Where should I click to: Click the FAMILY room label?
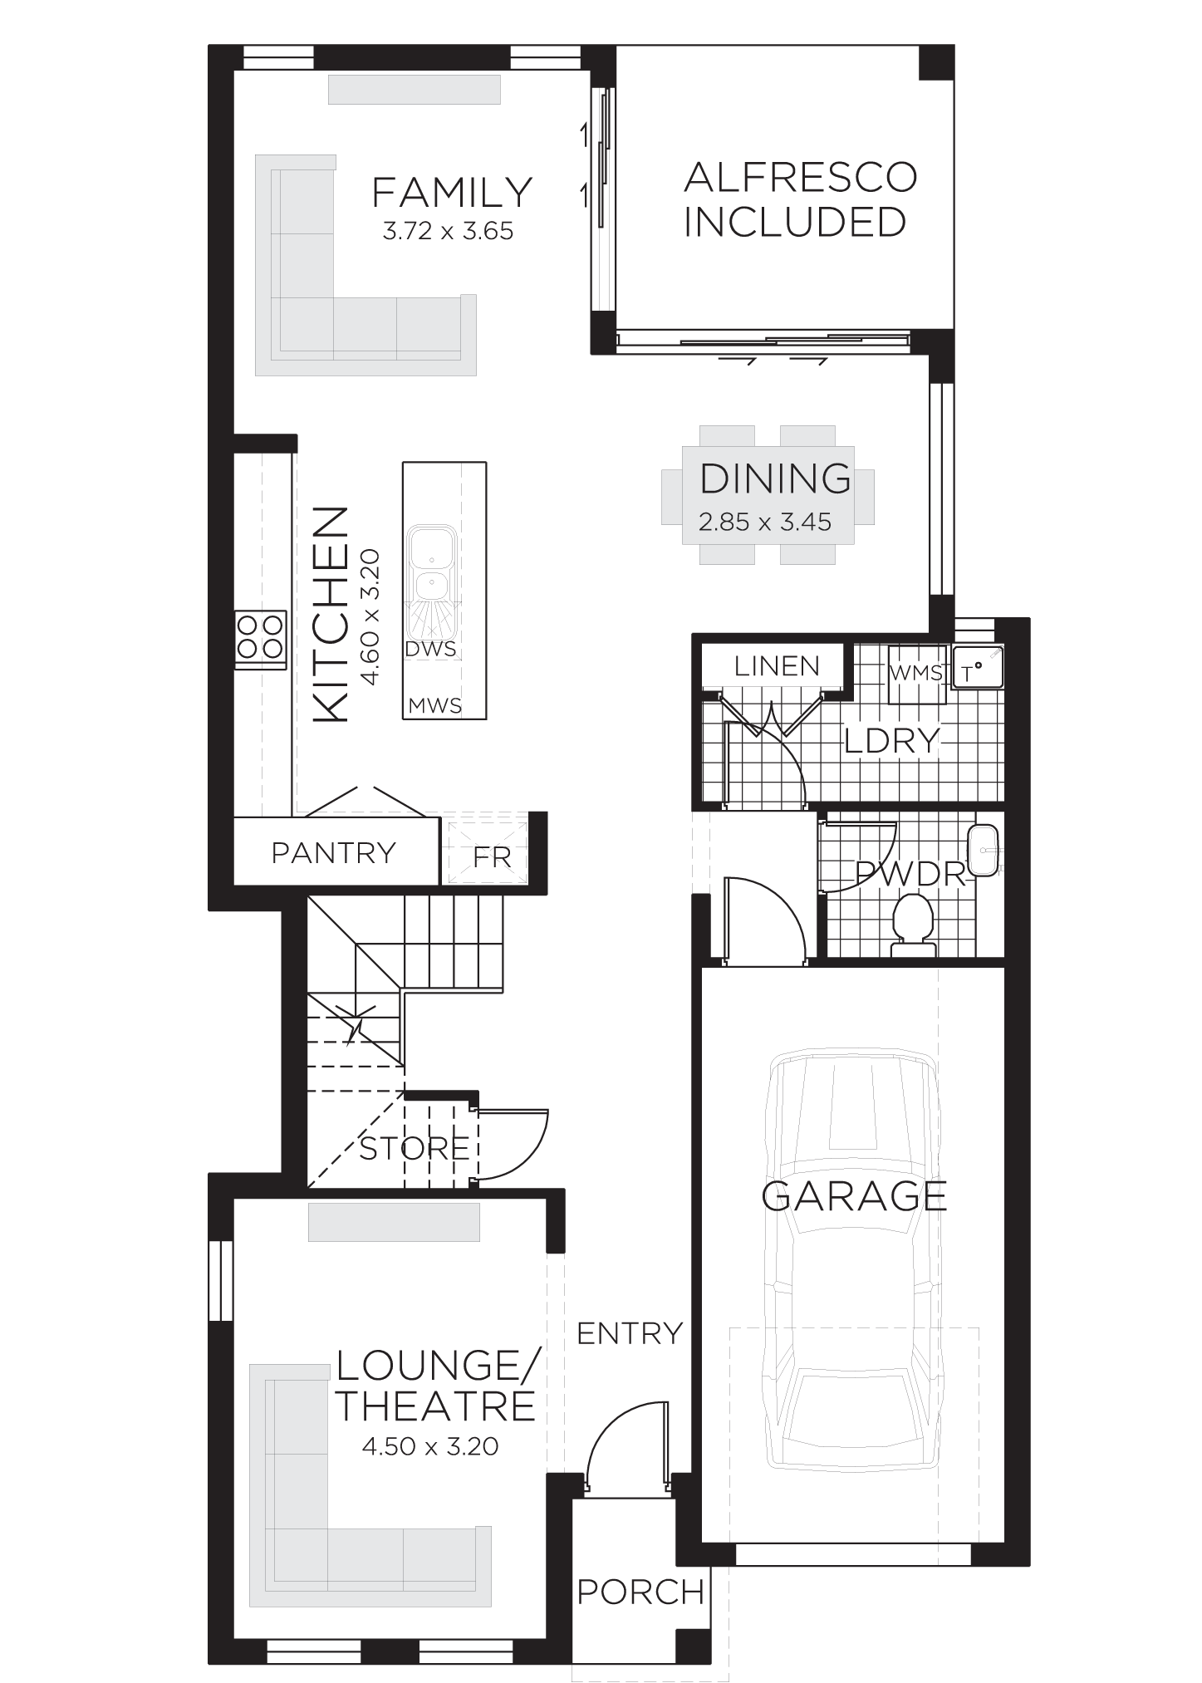pyautogui.click(x=451, y=193)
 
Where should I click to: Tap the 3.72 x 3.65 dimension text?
pyautogui.click(x=448, y=232)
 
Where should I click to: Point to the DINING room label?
pyautogui.click(x=776, y=478)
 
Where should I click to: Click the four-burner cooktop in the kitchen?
pyautogui.click(x=260, y=636)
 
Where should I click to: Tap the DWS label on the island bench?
pyautogui.click(x=431, y=649)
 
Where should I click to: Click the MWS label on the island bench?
pyautogui.click(x=434, y=706)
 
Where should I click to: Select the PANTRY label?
pyautogui.click(x=334, y=853)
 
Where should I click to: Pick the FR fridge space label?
pyautogui.click(x=492, y=857)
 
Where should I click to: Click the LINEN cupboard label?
pyautogui.click(x=777, y=665)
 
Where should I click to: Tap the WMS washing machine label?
pyautogui.click(x=915, y=672)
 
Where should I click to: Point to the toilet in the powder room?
pyautogui.click(x=913, y=925)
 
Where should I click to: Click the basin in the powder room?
pyautogui.click(x=985, y=851)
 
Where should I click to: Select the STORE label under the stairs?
pyautogui.click(x=415, y=1149)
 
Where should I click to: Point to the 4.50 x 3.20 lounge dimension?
pyautogui.click(x=430, y=1446)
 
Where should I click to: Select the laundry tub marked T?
pyautogui.click(x=979, y=668)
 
